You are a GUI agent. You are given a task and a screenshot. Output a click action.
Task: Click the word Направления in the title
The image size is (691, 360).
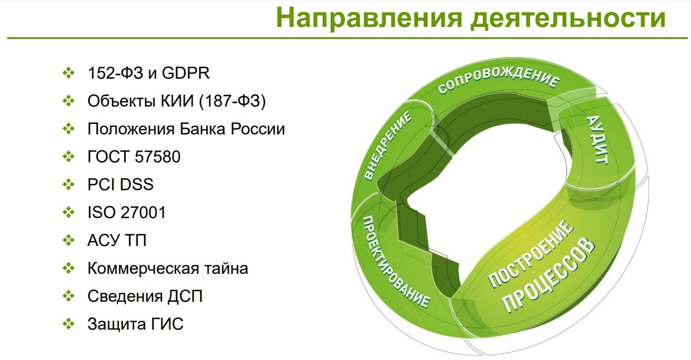point(369,17)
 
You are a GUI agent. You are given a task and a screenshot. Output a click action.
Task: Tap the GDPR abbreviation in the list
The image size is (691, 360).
point(186,73)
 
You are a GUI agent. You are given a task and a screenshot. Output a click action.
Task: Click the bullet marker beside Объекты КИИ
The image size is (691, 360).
point(69,101)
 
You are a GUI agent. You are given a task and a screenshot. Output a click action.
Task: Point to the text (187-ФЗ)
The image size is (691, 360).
point(232,101)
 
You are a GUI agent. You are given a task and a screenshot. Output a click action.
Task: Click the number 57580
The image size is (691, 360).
point(157,157)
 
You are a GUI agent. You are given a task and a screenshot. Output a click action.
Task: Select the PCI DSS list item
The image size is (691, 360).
point(120,184)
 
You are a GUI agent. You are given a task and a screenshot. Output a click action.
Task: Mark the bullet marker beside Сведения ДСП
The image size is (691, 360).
point(69,296)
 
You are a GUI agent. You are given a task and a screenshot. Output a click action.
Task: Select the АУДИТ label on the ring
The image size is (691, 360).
point(597,139)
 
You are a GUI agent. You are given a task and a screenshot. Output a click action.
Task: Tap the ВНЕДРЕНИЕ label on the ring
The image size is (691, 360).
point(388,145)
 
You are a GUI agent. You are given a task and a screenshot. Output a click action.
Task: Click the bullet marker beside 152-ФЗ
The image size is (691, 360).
point(69,73)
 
